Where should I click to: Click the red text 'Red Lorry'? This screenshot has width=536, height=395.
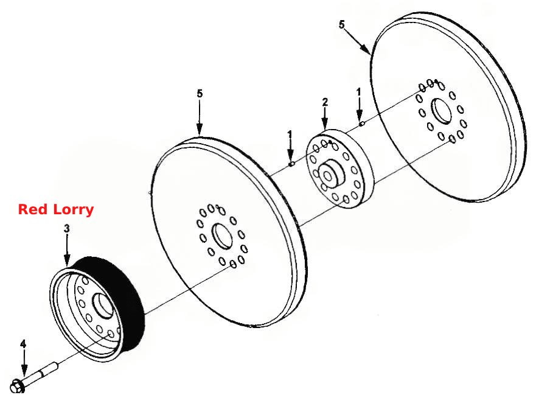click(56, 209)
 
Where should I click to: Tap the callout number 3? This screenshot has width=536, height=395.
click(67, 228)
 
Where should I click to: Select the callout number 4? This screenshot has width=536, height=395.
click(23, 344)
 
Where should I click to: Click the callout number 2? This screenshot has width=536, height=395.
click(325, 102)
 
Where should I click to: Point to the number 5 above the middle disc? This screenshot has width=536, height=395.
click(200, 93)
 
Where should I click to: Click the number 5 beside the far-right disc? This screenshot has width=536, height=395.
click(342, 24)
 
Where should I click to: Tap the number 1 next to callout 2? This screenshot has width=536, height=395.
click(358, 92)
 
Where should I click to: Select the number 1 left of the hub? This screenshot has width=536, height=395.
click(290, 135)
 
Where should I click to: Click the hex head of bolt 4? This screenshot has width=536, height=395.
click(17, 386)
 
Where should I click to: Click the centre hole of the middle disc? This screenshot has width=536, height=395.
click(222, 236)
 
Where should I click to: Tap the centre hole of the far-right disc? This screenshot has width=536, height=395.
click(442, 111)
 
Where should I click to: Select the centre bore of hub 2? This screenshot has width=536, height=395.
click(327, 177)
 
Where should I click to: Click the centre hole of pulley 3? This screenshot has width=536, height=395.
click(103, 306)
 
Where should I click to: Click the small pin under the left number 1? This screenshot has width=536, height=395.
click(291, 164)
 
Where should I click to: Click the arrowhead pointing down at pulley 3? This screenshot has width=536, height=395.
click(67, 259)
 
